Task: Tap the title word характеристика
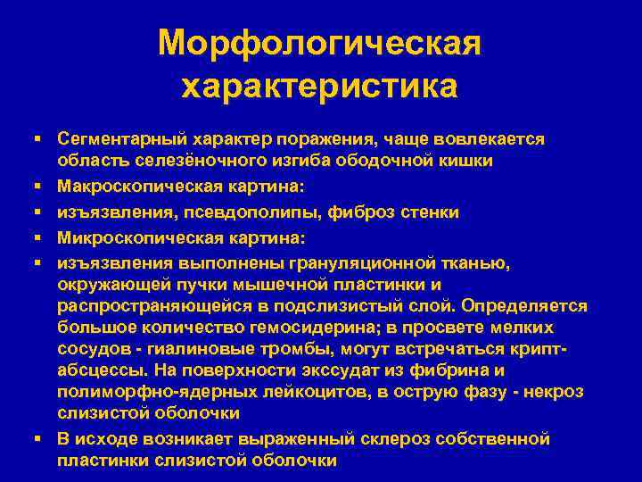[x=319, y=87]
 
